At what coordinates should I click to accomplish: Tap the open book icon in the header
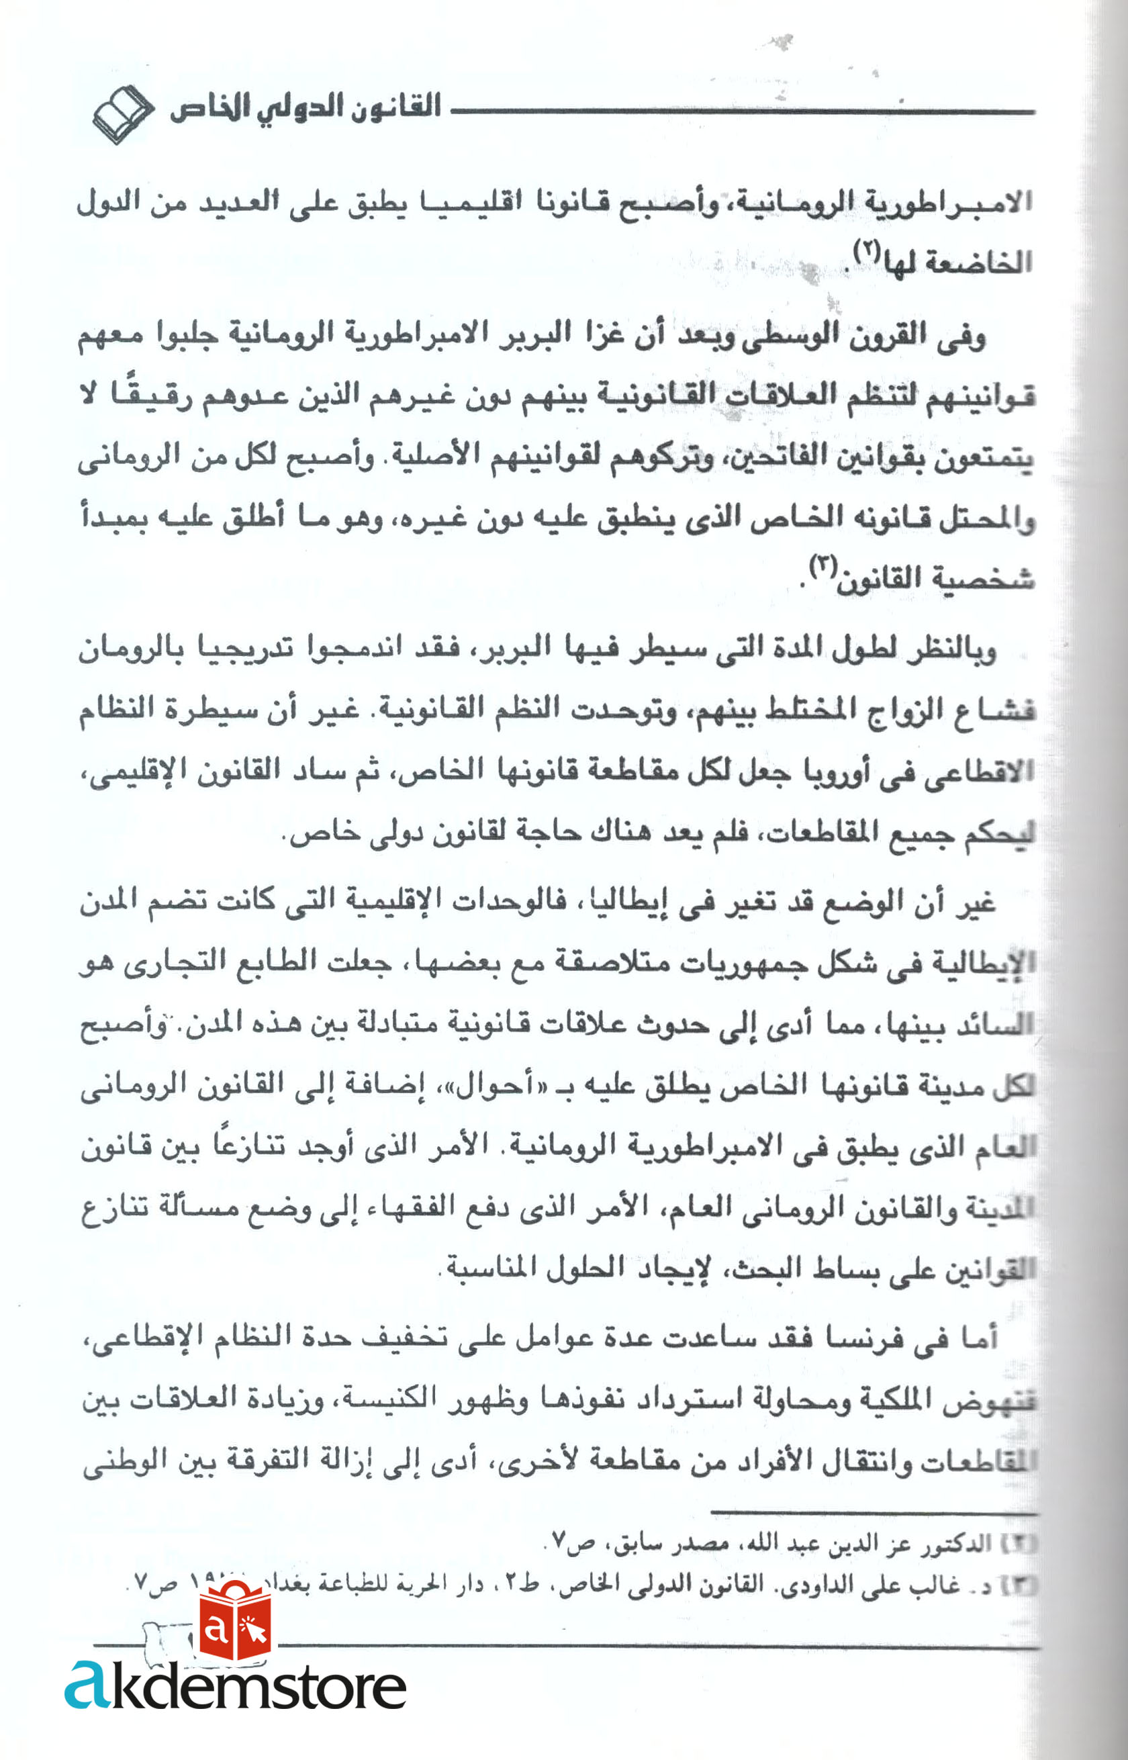point(122,114)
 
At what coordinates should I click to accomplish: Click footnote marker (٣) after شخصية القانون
point(821,566)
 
